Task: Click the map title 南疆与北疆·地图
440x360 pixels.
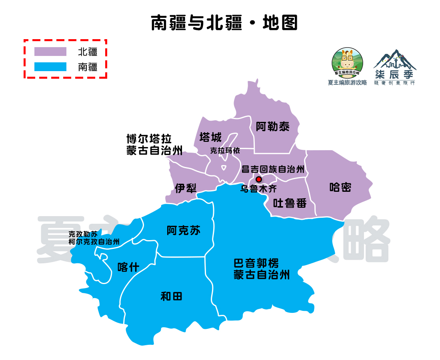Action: pyautogui.click(x=224, y=23)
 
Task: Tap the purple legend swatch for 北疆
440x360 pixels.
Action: pyautogui.click(x=50, y=52)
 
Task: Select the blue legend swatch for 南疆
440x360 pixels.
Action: pyautogui.click(x=50, y=66)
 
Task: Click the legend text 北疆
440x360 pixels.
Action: pyautogui.click(x=88, y=52)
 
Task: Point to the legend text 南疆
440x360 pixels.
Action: pyautogui.click(x=88, y=67)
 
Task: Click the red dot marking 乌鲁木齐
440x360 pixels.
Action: pyautogui.click(x=259, y=179)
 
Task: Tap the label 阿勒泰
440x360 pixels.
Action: pyautogui.click(x=272, y=127)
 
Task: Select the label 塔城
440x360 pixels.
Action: pyautogui.click(x=210, y=137)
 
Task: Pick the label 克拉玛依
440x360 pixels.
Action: pyautogui.click(x=225, y=151)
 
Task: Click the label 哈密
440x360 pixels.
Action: pyautogui.click(x=340, y=187)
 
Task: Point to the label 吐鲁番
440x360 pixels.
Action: pyautogui.click(x=290, y=203)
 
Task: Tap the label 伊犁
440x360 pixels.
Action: pyautogui.click(x=186, y=188)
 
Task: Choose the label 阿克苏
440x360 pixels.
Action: pyautogui.click(x=184, y=231)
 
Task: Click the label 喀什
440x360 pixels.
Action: pyautogui.click(x=128, y=267)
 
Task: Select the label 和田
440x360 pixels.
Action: pyautogui.click(x=171, y=296)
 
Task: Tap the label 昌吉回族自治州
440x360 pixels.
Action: pyautogui.click(x=273, y=169)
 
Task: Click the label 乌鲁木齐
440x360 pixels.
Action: pyautogui.click(x=258, y=189)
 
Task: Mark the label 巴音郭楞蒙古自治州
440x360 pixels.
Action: pyautogui.click(x=262, y=269)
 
